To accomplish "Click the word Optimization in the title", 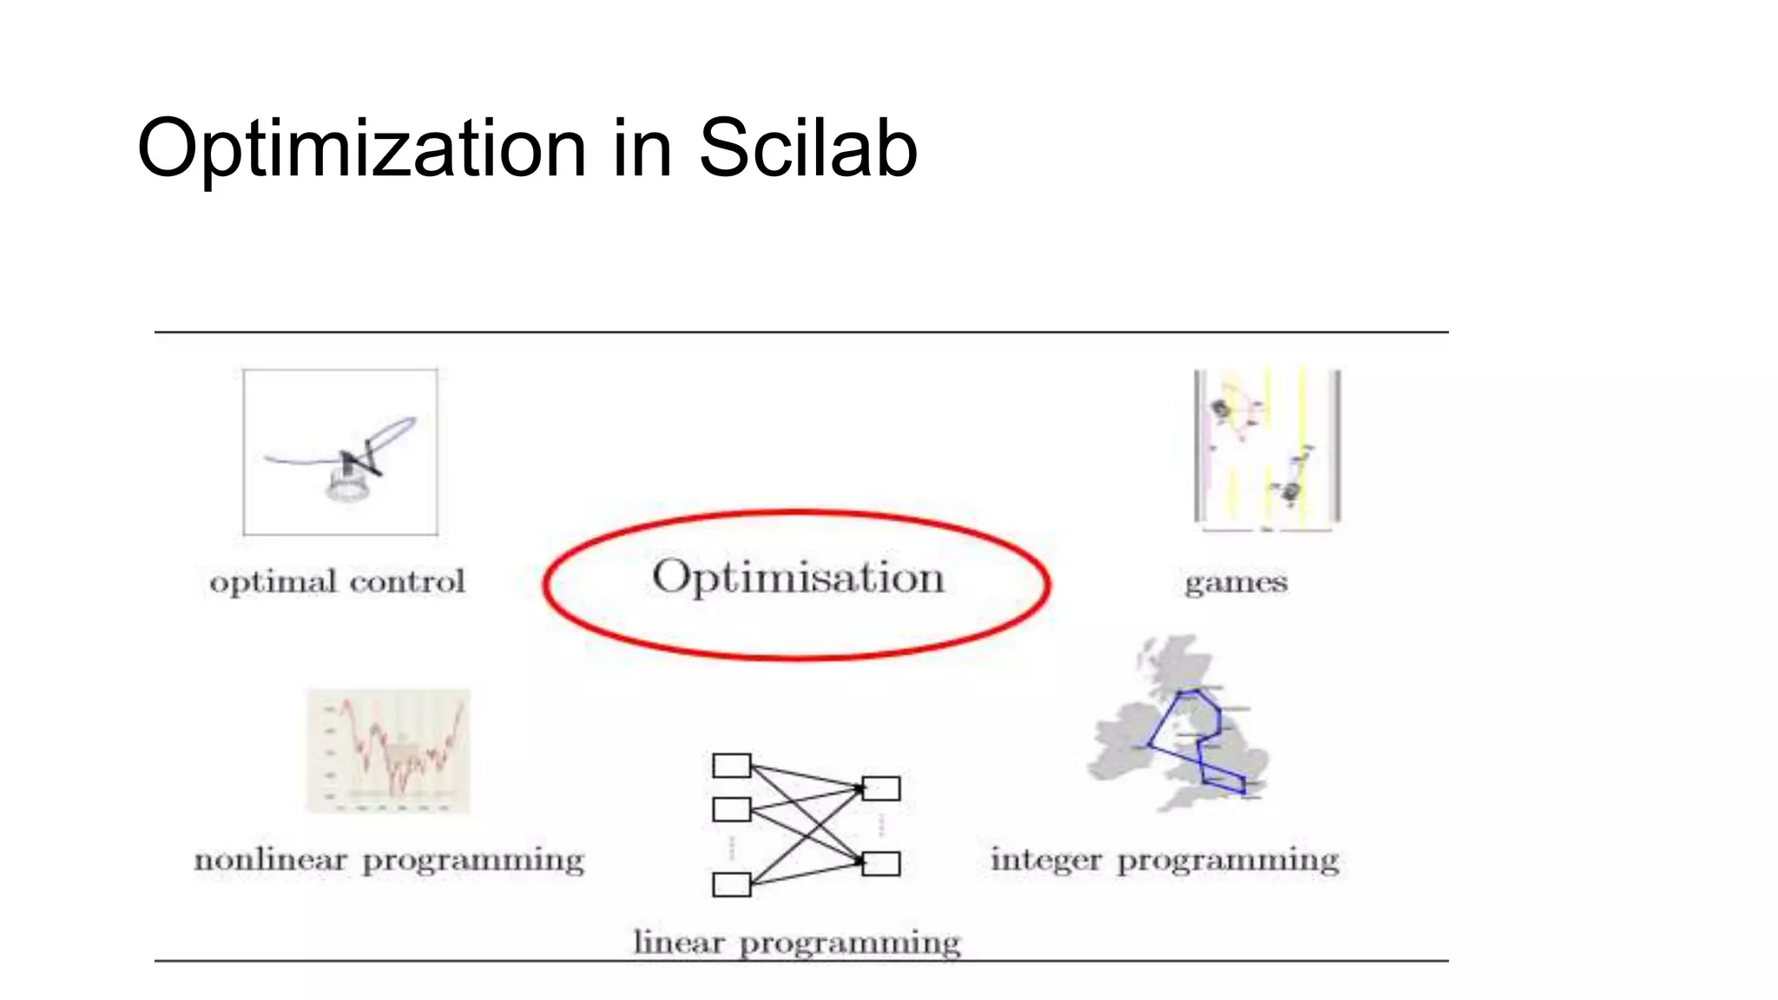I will [362, 149].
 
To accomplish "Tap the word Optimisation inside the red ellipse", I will [798, 577].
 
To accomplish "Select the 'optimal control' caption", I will [337, 582].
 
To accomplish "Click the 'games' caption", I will [1235, 582].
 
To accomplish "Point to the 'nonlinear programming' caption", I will [388, 860].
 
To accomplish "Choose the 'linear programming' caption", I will [796, 943].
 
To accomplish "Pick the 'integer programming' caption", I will [1164, 860].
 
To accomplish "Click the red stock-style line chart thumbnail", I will [388, 752].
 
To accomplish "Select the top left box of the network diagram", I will [731, 766].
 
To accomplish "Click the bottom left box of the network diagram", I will [731, 885].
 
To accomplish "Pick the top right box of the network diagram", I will [881, 788].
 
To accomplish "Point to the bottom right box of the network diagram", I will [881, 864].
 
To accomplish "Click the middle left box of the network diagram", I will [731, 810].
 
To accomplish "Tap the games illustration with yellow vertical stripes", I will [1267, 448].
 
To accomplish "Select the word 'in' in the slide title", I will [642, 149].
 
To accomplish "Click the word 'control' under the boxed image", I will [407, 582].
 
